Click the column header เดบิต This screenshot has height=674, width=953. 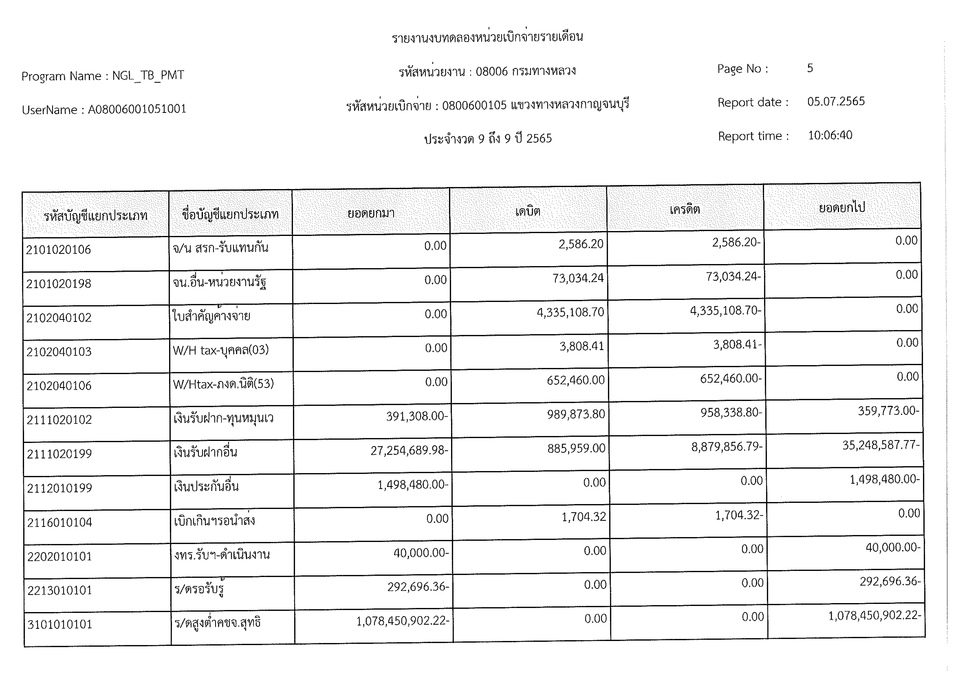[x=527, y=212]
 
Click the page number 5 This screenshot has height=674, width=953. [x=810, y=68]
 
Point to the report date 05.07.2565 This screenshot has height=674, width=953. [x=836, y=101]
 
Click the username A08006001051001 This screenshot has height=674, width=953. [x=137, y=109]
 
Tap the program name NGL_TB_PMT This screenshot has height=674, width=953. [x=148, y=76]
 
